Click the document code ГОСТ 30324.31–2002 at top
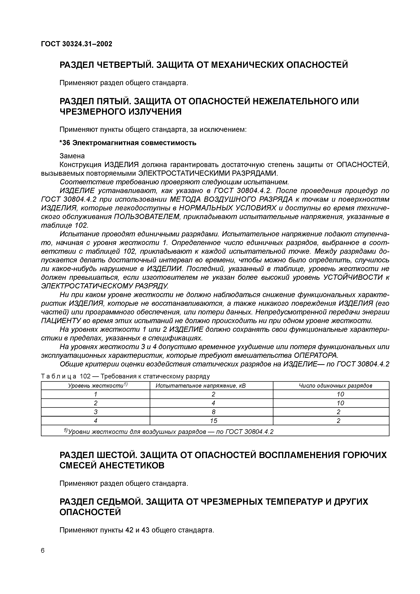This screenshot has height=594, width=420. tap(77, 44)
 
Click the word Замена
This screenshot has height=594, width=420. tap(72, 156)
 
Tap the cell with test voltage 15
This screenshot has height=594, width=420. tap(214, 421)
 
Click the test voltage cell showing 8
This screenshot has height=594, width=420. tap(214, 412)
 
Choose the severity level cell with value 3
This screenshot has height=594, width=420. tap(96, 412)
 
